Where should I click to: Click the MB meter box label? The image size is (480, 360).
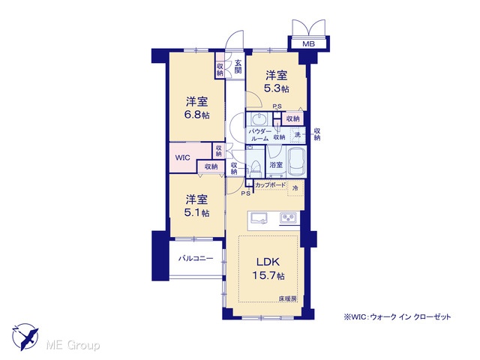coord(308,44)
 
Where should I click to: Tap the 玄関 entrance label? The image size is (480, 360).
coord(238,67)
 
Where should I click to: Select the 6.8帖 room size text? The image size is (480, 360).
coord(196,115)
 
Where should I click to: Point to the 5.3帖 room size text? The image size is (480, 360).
coord(277,88)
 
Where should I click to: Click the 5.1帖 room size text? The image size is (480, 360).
coord(196,212)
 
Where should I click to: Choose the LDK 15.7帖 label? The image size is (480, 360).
coord(268,268)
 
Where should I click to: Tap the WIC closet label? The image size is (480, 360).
coord(183,158)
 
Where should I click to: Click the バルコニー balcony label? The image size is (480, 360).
coord(196,258)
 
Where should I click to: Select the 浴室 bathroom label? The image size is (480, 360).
coord(276,165)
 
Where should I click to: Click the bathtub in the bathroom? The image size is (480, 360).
coord(297,162)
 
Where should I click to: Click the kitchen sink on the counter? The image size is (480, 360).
coord(259,218)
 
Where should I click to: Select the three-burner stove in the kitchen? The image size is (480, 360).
coord(288,218)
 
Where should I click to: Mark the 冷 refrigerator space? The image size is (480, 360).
coord(295,188)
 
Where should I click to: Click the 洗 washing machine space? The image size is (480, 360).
coord(298,134)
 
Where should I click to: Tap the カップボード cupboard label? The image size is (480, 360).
coord(270,185)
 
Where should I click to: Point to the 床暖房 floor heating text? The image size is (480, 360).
coord(287,298)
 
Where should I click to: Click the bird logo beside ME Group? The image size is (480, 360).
coord(25,336)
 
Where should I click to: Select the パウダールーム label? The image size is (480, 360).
coord(259,135)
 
